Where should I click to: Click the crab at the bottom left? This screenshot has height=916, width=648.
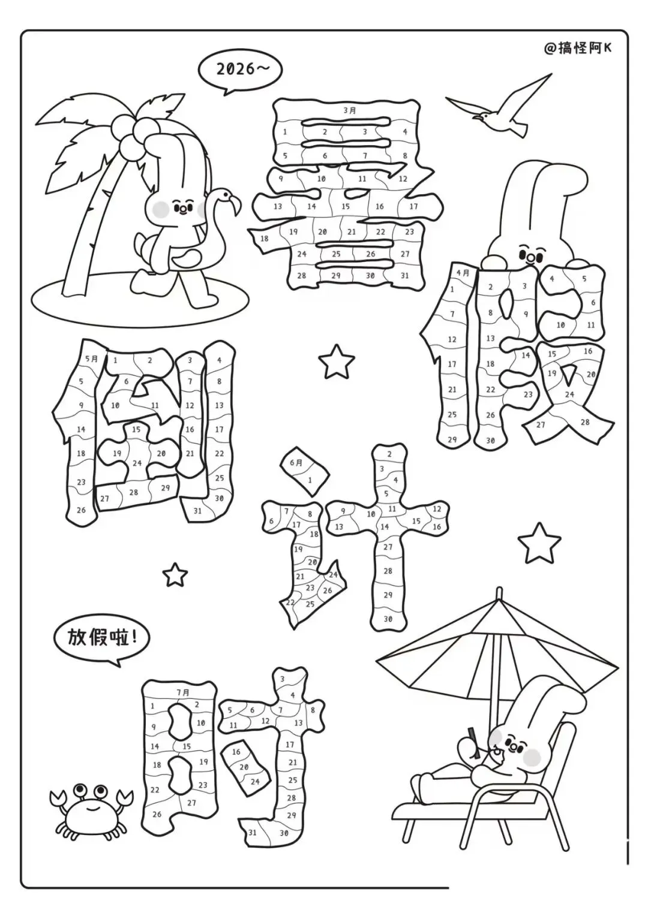point(91,812)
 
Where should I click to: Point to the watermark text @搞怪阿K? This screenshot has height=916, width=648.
point(577,48)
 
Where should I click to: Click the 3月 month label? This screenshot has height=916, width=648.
point(350,110)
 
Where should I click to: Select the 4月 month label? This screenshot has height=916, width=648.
point(463,273)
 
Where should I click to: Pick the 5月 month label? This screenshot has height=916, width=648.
point(92,358)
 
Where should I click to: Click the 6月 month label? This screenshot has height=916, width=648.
point(296,463)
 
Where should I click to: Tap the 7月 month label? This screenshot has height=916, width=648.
point(183,692)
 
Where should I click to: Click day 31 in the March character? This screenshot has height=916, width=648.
point(404,275)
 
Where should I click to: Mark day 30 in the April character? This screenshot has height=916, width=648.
point(490,441)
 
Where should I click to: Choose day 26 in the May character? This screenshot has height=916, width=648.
point(81,510)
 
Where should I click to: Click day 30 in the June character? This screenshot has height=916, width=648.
point(388,619)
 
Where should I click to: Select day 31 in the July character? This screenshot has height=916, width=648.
point(253,833)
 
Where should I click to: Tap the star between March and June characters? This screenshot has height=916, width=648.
point(335,362)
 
